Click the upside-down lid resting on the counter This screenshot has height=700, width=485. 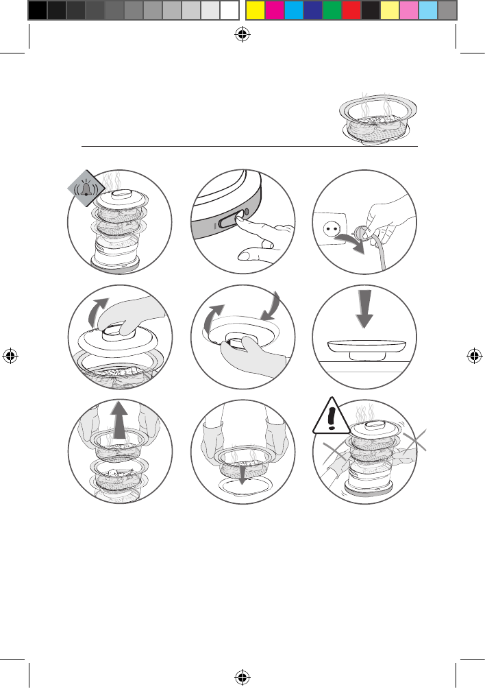[364, 346]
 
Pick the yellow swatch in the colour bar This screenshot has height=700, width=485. [255, 10]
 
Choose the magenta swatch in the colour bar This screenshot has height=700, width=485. [274, 10]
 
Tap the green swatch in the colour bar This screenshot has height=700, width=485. [332, 10]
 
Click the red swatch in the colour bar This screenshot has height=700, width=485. [351, 10]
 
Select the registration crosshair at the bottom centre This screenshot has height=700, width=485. [242, 677]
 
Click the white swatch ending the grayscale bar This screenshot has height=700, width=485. [229, 10]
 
